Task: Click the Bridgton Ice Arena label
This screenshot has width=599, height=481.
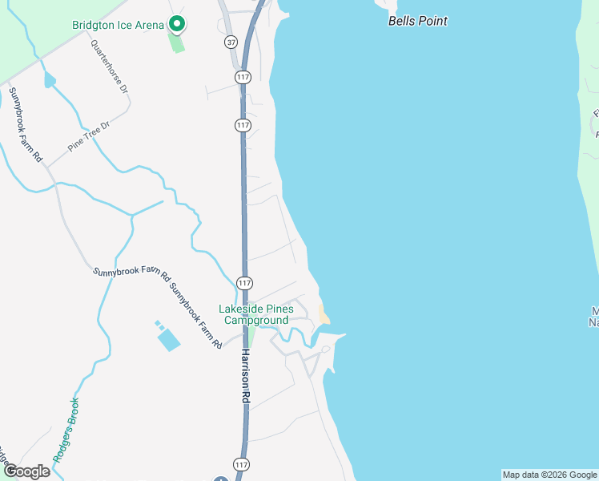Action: tap(117, 25)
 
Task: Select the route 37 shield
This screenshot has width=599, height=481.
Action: tap(231, 41)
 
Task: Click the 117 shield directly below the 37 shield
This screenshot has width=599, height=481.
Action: tap(243, 76)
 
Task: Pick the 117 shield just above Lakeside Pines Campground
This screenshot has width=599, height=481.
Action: tap(245, 283)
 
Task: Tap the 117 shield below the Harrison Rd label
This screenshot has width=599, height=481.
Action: tap(241, 465)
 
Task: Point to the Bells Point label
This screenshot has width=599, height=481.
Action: tap(417, 21)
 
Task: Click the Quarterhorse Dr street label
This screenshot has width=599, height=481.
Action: tap(110, 68)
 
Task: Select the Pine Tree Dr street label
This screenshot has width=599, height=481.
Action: tap(88, 136)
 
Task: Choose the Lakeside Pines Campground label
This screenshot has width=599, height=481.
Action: tap(255, 314)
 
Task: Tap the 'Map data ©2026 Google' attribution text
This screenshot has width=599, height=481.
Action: tap(549, 475)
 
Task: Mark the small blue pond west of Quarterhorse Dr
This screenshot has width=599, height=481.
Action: tap(50, 80)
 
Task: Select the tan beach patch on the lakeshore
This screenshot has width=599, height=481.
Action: tap(324, 315)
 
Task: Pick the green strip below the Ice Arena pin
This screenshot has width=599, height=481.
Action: tap(177, 42)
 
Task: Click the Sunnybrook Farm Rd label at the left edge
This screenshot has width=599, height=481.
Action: tap(25, 125)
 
